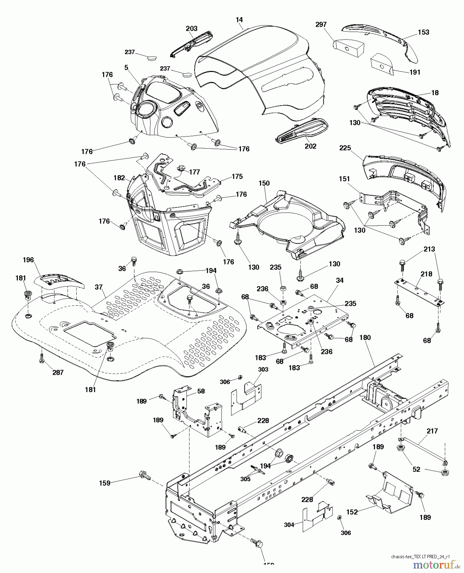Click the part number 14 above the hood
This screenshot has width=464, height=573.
click(x=239, y=20)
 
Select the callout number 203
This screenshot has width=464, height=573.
click(x=192, y=29)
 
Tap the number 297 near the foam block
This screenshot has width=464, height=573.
click(x=321, y=25)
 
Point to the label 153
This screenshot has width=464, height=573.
click(x=423, y=32)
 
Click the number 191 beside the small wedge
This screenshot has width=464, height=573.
click(x=415, y=72)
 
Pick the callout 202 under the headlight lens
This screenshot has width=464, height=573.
click(x=310, y=146)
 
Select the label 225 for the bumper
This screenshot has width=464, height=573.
click(x=345, y=148)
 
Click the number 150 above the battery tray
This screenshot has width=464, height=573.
click(x=264, y=183)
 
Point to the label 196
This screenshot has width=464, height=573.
click(x=28, y=260)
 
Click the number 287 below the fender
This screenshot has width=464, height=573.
click(x=58, y=372)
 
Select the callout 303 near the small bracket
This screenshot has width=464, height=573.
click(x=263, y=369)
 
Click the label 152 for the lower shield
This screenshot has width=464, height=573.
click(x=352, y=512)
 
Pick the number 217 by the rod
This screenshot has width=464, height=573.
click(x=432, y=431)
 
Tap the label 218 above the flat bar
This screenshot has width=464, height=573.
click(x=426, y=274)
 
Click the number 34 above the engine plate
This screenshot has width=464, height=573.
click(x=340, y=280)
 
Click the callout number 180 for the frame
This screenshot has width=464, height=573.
click(x=365, y=337)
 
